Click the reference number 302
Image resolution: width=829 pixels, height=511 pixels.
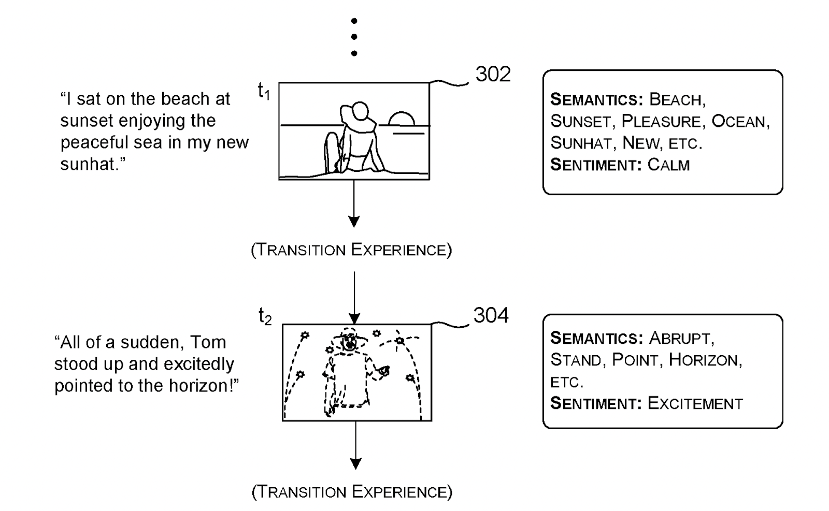point(493,75)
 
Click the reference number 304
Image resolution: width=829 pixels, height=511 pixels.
point(491,315)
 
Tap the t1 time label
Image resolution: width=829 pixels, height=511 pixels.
point(264,92)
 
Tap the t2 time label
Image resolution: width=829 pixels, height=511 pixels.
point(265,316)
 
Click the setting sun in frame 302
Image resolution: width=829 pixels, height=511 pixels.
point(402,119)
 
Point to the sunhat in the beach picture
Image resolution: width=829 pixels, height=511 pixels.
point(356,117)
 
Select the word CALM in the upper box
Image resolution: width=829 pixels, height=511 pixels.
point(668,165)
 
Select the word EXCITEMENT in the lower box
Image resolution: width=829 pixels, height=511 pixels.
point(695,403)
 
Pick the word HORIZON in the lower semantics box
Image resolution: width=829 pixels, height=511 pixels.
point(704,360)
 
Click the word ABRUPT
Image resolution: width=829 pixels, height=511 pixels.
point(681,338)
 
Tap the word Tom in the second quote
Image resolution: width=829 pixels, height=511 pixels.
point(208,342)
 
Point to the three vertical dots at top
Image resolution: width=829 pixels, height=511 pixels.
point(354,37)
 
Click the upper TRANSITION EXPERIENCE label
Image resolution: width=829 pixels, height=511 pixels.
point(351,250)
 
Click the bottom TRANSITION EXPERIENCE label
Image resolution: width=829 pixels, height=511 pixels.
point(352,491)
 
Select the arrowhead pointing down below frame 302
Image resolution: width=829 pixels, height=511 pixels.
point(354,222)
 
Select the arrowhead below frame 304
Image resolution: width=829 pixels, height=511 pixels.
point(355,463)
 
